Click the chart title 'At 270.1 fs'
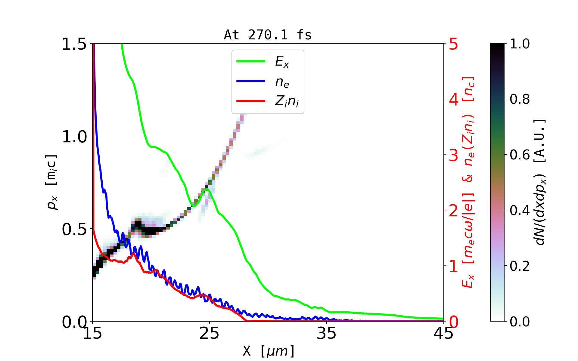(x=268, y=35)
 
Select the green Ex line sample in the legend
(x=251, y=61)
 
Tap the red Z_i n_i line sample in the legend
(x=251, y=101)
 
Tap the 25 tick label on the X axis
(x=210, y=333)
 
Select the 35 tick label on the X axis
(x=327, y=333)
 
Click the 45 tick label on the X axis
(x=443, y=333)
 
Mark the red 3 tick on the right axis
(x=453, y=155)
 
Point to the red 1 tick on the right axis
(x=453, y=266)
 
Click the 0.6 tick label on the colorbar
(x=520, y=155)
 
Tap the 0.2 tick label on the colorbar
(x=520, y=266)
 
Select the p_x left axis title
(x=52, y=182)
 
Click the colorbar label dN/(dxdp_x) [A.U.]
(x=540, y=182)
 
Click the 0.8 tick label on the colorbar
(x=520, y=99)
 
